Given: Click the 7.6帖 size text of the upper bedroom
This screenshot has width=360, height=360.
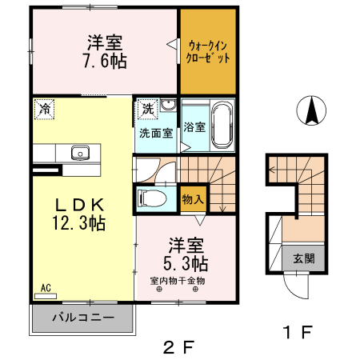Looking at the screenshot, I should (x=104, y=62).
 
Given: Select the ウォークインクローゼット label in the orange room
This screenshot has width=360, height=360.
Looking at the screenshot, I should (x=208, y=52).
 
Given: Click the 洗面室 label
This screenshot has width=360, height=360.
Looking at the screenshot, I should (x=156, y=132).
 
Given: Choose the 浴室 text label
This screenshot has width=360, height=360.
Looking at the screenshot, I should (x=194, y=127).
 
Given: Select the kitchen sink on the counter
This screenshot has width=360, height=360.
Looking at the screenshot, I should (x=80, y=153).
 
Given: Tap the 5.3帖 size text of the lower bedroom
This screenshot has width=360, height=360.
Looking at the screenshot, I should (x=187, y=262).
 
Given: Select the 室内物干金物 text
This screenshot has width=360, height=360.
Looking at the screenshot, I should (x=178, y=281).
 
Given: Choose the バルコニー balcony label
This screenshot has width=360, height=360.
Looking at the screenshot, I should (x=82, y=318).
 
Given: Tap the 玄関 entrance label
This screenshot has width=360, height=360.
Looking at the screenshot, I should (x=302, y=258).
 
